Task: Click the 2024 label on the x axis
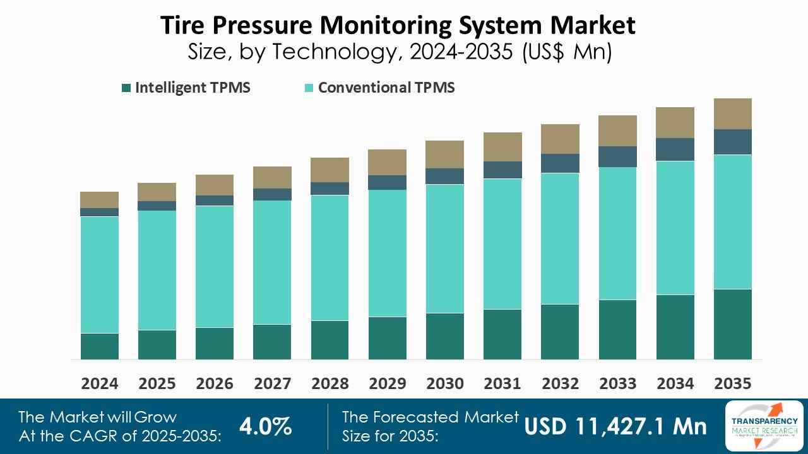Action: (99, 383)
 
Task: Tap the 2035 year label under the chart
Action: (733, 383)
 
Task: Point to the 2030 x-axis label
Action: (444, 383)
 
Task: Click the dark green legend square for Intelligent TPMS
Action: (126, 88)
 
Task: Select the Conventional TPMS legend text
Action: (386, 88)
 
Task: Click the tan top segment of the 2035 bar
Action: (733, 113)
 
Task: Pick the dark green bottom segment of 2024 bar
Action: (99, 346)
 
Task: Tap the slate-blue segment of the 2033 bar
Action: (617, 156)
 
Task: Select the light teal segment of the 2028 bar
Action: (330, 257)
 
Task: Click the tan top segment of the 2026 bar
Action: (215, 185)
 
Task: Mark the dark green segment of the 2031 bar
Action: (502, 334)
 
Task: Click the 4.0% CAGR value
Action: (265, 427)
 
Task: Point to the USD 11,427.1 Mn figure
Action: (615, 427)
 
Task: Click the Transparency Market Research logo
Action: (764, 426)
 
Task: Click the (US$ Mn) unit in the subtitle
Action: (567, 52)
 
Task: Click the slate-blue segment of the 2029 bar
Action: (387, 182)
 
